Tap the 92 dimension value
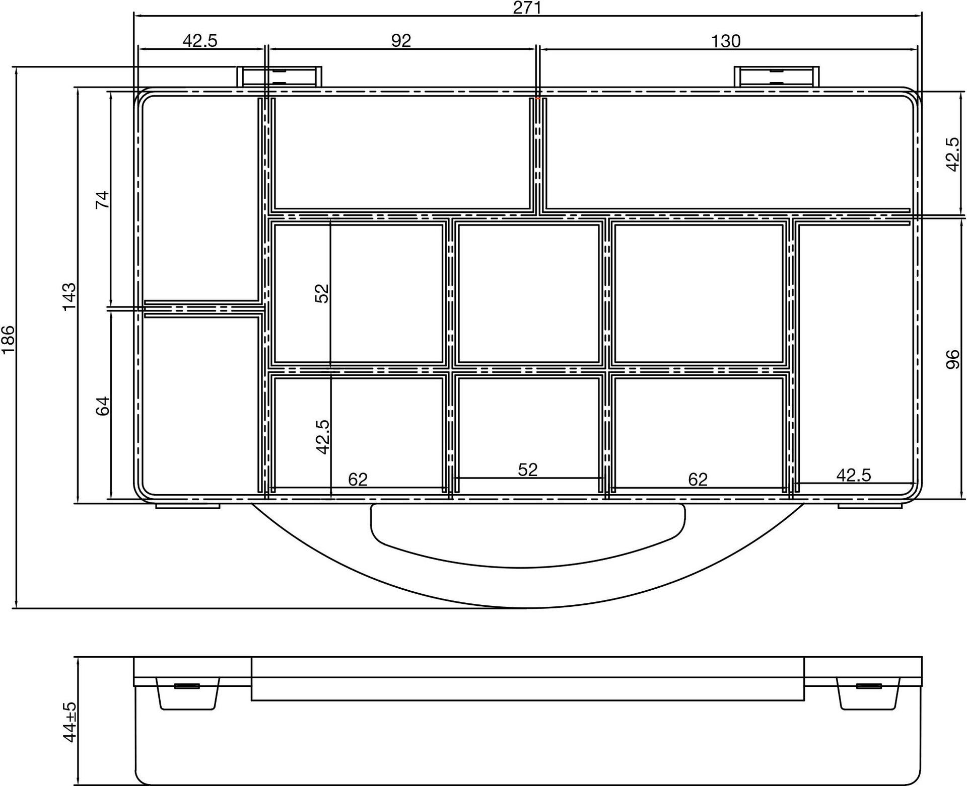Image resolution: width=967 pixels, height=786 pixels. coord(401,40)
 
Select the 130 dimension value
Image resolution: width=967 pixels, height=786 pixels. coord(726,41)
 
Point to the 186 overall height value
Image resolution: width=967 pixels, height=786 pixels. coord(9,340)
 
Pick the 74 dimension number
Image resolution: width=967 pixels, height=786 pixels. coord(102,200)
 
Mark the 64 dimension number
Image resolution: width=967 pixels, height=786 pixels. coord(102,406)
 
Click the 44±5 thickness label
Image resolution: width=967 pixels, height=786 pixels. coord(70,722)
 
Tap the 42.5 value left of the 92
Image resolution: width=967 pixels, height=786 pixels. coord(200,40)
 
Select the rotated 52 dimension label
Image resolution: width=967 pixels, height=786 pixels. coord(321,293)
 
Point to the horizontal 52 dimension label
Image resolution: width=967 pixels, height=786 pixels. coord(528,469)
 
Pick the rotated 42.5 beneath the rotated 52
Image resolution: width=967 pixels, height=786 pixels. coord(322,437)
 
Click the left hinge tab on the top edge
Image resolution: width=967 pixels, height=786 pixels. coord(280,76)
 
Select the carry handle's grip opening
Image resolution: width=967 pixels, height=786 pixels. coord(528,535)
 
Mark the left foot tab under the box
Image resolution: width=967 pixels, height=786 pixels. coord(188,505)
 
